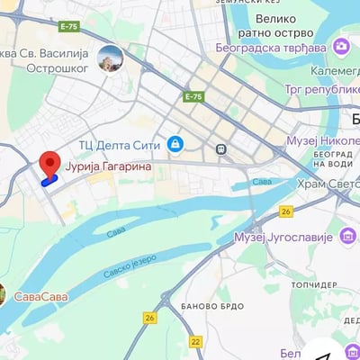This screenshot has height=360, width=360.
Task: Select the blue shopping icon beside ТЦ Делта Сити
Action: [x=175, y=144]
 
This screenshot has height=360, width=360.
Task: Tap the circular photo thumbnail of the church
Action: [x=110, y=58]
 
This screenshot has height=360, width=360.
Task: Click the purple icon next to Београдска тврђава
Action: [x=341, y=46]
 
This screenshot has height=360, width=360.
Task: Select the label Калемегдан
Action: [x=334, y=69]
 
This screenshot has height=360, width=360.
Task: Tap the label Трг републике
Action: [x=321, y=90]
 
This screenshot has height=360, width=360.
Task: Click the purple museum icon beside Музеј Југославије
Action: [x=348, y=237]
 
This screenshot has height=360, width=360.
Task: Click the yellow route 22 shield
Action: [x=196, y=341]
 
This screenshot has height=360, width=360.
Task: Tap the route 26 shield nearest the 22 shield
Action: [x=149, y=317]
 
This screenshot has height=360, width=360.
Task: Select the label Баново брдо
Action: [x=212, y=305]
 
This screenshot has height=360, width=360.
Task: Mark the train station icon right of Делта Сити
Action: [x=220, y=148]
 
